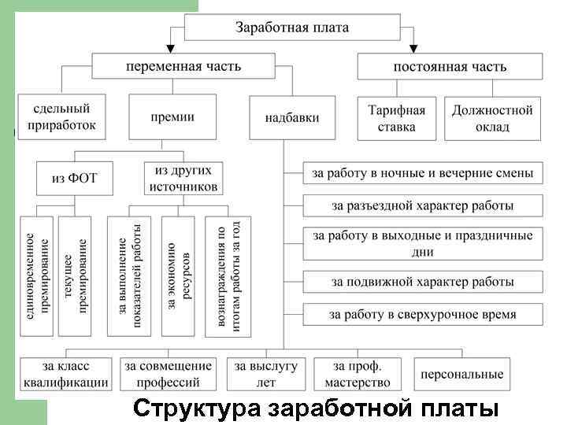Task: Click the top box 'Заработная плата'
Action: pyautogui.click(x=292, y=28)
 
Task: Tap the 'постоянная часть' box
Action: pyautogui.click(x=450, y=66)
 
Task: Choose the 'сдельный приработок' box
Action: pyautogui.click(x=61, y=117)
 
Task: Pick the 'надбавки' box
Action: pyautogui.click(x=292, y=117)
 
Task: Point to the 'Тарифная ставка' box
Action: pyautogui.click(x=396, y=117)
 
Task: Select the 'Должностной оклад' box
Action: pyautogui.click(x=492, y=117)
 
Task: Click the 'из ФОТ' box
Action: pyautogui.click(x=74, y=178)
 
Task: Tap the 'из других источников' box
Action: pyautogui.click(x=183, y=178)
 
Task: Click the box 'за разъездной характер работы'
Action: pyautogui.click(x=422, y=206)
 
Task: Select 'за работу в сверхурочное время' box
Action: pyautogui.click(x=422, y=314)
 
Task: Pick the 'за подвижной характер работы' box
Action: pyautogui.click(x=422, y=281)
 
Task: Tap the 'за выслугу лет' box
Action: pyautogui.click(x=266, y=374)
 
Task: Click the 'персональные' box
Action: pyautogui.click(x=461, y=374)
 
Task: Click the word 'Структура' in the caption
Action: pyautogui.click(x=197, y=410)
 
